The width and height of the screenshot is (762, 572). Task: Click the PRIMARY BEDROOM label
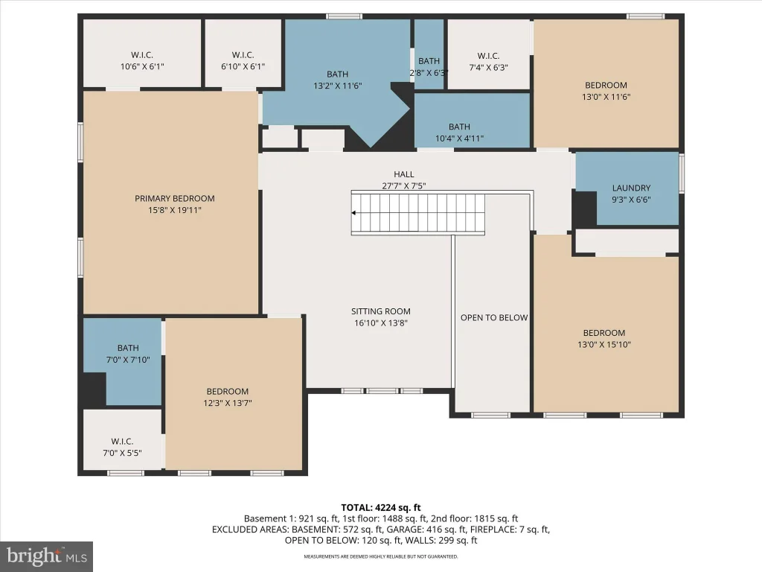(174, 198)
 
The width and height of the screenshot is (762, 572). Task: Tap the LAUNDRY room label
(631, 188)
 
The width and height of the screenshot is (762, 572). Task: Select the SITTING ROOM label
(381, 311)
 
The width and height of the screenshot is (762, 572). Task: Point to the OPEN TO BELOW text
(494, 317)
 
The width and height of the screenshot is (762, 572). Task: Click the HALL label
(404, 174)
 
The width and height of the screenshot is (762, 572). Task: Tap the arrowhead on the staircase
(353, 213)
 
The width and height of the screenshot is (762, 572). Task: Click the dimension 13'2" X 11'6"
(338, 86)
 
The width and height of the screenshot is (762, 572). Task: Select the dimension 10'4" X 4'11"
(459, 139)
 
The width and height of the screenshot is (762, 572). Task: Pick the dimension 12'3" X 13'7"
(228, 403)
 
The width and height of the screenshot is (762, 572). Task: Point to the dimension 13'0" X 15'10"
(604, 345)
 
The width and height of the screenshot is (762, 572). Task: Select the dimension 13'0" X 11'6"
(606, 97)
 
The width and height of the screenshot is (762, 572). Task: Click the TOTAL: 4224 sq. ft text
(381, 508)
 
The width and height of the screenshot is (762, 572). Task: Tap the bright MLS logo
(47, 556)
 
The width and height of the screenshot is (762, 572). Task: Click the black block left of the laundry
(585, 209)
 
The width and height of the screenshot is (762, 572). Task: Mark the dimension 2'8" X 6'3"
(429, 73)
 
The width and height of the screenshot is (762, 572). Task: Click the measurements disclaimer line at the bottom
(381, 556)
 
